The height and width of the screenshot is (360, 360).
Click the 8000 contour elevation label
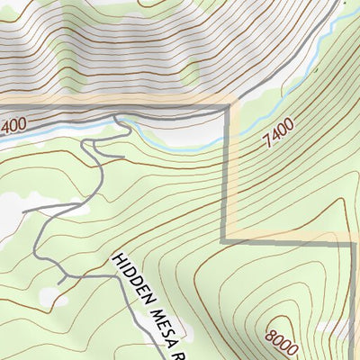(x=283, y=337)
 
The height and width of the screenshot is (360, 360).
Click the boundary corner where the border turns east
(x=225, y=240)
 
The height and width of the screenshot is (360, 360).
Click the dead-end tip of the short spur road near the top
(x=122, y=157)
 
